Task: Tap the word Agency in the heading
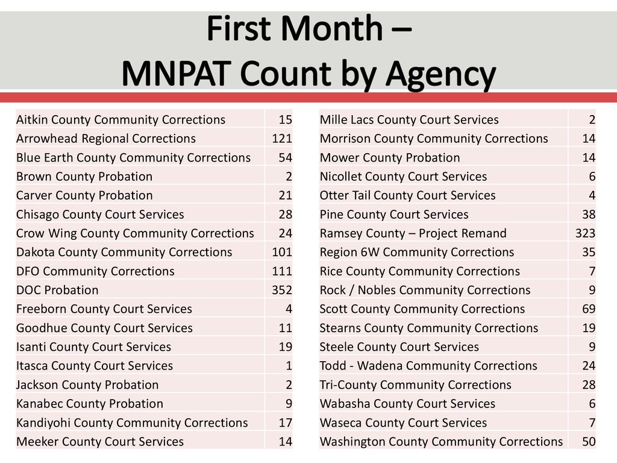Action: click(440, 75)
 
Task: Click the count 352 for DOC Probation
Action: click(282, 290)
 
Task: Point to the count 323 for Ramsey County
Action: click(585, 233)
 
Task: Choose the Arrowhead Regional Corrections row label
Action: click(106, 139)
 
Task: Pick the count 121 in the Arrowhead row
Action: click(282, 139)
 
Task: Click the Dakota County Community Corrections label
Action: click(124, 253)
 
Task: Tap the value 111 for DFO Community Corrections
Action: click(282, 271)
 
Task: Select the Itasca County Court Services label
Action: click(95, 366)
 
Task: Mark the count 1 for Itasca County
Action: click(289, 366)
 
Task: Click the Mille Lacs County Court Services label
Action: click(409, 120)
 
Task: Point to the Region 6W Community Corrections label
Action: click(417, 253)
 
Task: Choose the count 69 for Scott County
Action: click(589, 309)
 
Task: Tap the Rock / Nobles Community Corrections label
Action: click(425, 290)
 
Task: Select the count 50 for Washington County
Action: click(589, 442)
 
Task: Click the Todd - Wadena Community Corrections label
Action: click(428, 366)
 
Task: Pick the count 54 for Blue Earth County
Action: click(285, 157)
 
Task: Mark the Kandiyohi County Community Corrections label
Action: click(132, 423)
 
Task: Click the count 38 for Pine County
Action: click(589, 215)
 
